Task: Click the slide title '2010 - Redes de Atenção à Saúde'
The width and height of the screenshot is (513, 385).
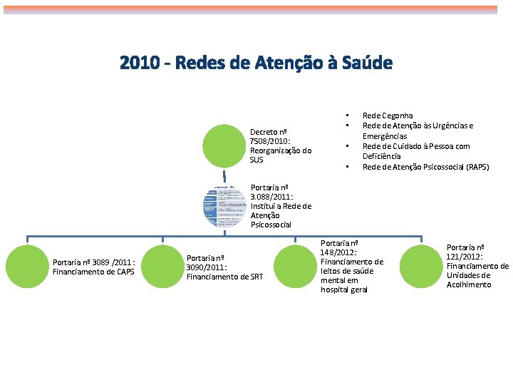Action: coord(256,63)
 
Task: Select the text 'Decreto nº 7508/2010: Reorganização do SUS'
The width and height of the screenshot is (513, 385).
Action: coord(281,145)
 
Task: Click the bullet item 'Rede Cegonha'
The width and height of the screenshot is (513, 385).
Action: coord(387,115)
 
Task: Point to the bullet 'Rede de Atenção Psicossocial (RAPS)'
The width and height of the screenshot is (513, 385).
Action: coord(425,167)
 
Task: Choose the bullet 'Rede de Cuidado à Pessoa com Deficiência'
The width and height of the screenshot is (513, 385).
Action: coord(415,151)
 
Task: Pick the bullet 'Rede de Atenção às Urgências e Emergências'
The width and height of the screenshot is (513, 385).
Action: coord(417,130)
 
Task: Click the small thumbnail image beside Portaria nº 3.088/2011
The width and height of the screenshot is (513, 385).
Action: coord(224,205)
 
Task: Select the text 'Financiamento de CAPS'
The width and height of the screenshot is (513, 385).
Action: coord(93,272)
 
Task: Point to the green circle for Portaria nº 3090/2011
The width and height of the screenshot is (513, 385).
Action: coord(162,267)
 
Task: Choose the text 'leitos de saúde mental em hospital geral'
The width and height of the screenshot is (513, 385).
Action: coord(347,280)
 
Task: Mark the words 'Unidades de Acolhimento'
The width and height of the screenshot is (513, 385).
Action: coord(468,280)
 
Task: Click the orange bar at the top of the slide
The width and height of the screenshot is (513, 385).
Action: coord(256,10)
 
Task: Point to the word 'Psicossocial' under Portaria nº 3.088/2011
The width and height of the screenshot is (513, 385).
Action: coord(270,225)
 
